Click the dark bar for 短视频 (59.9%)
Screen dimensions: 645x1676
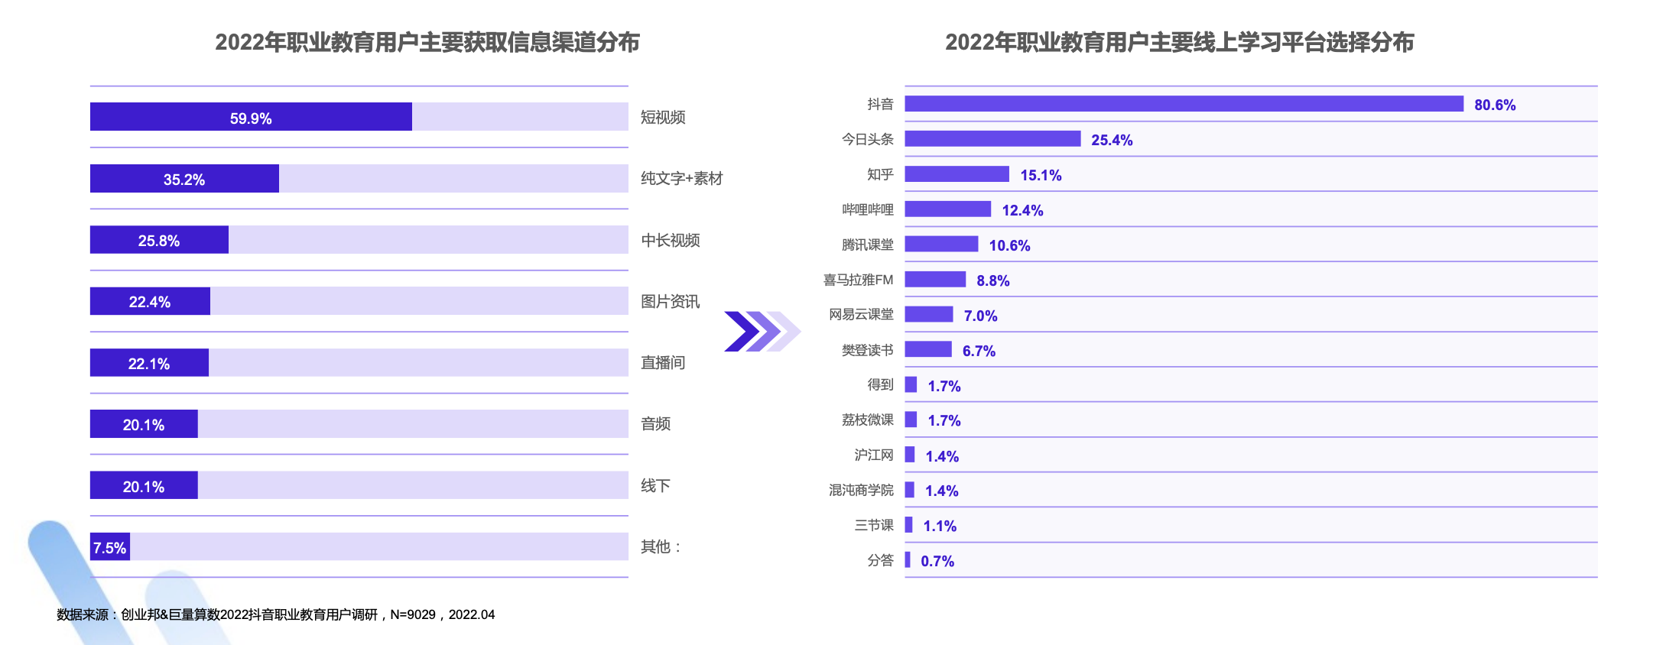pyautogui.click(x=251, y=117)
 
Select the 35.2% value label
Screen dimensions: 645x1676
pyautogui.click(x=184, y=180)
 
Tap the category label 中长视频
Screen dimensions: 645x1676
pyautogui.click(x=671, y=240)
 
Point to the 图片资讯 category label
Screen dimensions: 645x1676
pyautogui.click(x=671, y=301)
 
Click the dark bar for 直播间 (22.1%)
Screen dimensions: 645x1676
pyautogui.click(x=149, y=363)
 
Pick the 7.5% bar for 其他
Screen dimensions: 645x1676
pyautogui.click(x=110, y=547)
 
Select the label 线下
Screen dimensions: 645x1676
pyautogui.click(x=655, y=485)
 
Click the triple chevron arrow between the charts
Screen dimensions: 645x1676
pyautogui.click(x=762, y=332)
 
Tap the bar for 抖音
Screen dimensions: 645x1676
pyautogui.click(x=1184, y=104)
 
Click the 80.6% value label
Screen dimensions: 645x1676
pyautogui.click(x=1495, y=105)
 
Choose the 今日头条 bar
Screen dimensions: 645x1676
pyautogui.click(x=992, y=139)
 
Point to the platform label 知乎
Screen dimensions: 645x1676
pyautogui.click(x=880, y=174)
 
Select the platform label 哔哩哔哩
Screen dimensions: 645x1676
pyautogui.click(x=868, y=209)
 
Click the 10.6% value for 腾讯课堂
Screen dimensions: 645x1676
pyautogui.click(x=1009, y=245)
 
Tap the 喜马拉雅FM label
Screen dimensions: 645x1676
pyautogui.click(x=858, y=280)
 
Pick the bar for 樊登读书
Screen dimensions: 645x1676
pyautogui.click(x=928, y=350)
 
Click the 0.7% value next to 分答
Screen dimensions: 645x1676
pyautogui.click(x=937, y=561)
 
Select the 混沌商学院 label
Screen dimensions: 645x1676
pyautogui.click(x=861, y=490)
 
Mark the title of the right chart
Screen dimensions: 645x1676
pyautogui.click(x=1179, y=42)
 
